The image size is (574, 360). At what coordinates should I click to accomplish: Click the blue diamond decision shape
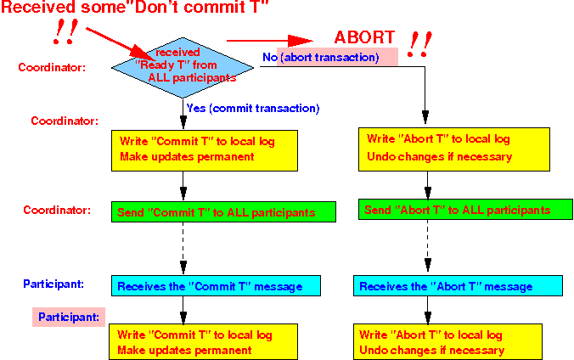[x=183, y=68]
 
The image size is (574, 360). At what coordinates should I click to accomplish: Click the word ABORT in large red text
[x=364, y=37]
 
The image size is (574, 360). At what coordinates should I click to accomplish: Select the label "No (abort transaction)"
[x=321, y=58]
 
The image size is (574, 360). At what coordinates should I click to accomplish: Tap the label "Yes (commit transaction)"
[x=253, y=109]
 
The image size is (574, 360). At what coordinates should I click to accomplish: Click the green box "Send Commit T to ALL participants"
[x=223, y=211]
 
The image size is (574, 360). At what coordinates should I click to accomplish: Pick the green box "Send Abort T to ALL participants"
[x=465, y=210]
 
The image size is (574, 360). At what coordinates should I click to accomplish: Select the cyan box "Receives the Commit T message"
[x=216, y=285]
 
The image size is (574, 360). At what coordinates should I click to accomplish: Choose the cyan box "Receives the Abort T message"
[x=458, y=285]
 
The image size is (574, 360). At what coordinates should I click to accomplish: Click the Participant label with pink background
[x=69, y=317]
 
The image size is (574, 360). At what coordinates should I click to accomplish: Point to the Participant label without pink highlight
[x=53, y=284]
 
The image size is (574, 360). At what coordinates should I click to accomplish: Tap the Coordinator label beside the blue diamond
[x=52, y=67]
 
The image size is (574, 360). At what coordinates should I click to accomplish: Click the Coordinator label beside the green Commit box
[x=57, y=210]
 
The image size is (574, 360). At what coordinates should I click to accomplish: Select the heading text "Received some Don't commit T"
[x=135, y=7]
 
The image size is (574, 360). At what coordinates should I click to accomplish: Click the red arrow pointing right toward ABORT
[x=270, y=41]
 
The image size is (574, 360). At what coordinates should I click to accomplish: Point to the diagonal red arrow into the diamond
[x=121, y=44]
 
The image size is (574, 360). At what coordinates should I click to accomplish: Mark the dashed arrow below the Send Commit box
[x=183, y=248]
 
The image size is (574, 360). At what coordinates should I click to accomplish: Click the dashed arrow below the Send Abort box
[x=428, y=245]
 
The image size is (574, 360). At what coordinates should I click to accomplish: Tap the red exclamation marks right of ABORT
[x=419, y=44]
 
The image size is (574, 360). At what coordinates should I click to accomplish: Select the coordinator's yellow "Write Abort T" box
[x=454, y=149]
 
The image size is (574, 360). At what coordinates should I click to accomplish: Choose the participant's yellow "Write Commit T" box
[x=203, y=341]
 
